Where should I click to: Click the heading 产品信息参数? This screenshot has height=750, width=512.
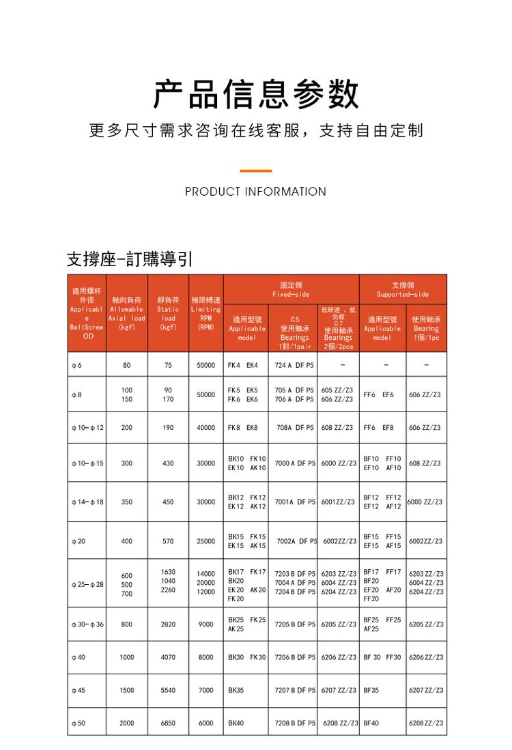(256, 94)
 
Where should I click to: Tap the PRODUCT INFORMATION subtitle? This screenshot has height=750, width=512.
(255, 192)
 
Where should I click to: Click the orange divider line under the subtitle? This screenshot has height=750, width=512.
(256, 171)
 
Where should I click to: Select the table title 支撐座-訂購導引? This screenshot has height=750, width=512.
(130, 259)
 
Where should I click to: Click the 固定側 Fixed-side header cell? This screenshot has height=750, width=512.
(291, 289)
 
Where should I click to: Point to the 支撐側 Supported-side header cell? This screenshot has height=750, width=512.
(403, 289)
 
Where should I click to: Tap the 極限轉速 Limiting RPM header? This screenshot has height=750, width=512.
(205, 313)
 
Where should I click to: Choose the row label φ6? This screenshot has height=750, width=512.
(76, 365)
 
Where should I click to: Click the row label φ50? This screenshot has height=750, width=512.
(79, 723)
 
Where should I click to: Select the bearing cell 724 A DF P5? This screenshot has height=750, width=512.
(294, 365)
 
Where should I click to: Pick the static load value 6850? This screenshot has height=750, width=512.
(168, 723)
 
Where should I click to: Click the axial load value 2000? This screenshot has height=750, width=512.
(127, 723)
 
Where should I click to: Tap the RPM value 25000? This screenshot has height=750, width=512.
(205, 541)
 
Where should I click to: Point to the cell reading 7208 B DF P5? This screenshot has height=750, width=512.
(294, 723)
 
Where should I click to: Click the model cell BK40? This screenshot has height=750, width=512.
(236, 723)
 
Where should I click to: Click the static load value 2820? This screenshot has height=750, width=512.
(168, 624)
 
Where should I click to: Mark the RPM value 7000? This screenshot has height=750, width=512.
(205, 691)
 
